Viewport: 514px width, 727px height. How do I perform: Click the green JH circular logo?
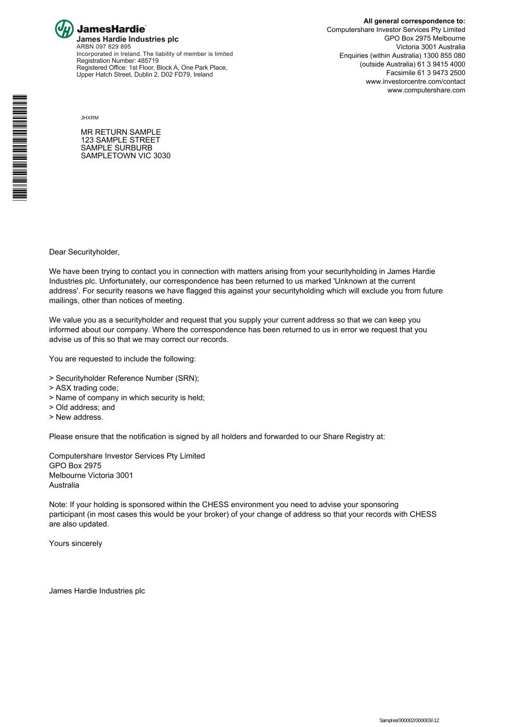click(x=64, y=29)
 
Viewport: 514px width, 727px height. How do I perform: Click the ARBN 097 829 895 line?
click(x=103, y=47)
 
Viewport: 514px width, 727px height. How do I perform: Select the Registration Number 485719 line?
click(x=117, y=61)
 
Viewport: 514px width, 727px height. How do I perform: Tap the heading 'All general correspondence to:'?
click(x=414, y=21)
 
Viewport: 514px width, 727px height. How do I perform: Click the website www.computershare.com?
click(x=426, y=90)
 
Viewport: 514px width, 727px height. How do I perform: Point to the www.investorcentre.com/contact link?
click(x=415, y=81)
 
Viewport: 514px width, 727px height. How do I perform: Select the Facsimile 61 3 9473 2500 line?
click(x=426, y=73)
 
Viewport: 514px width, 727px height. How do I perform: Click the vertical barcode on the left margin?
click(x=20, y=147)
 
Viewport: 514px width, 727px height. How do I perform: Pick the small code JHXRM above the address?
click(x=89, y=118)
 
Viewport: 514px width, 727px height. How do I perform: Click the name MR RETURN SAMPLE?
click(x=120, y=132)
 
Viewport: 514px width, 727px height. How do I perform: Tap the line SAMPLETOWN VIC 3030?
click(x=125, y=156)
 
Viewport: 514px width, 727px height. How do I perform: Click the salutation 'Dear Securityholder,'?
click(x=84, y=252)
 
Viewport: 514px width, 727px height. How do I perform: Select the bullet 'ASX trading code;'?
click(x=84, y=388)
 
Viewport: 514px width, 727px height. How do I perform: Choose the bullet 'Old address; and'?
click(x=82, y=407)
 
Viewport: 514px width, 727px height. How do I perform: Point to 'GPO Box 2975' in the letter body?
click(x=75, y=465)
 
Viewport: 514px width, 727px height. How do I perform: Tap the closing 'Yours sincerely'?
click(x=76, y=543)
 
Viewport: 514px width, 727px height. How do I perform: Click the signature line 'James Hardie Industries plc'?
click(x=97, y=591)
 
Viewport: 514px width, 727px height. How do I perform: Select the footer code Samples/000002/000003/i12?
click(x=409, y=721)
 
